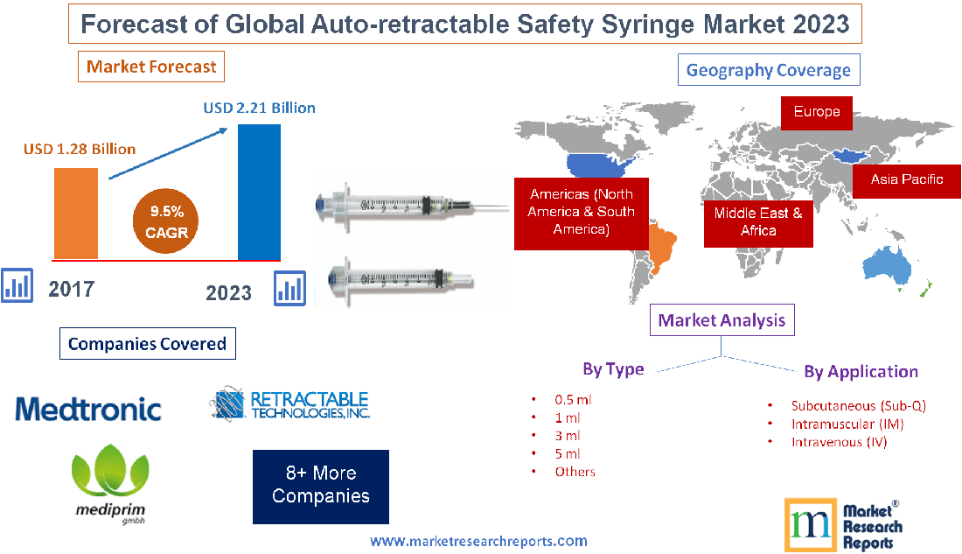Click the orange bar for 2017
75,213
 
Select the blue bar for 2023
259,192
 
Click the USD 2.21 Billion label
259,109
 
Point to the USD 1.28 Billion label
80,149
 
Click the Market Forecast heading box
151,67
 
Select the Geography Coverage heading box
769,70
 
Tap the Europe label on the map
817,112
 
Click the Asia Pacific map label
906,179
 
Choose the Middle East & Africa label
758,221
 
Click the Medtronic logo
88,409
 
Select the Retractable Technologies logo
290,404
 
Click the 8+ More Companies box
320,486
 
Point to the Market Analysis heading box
722,320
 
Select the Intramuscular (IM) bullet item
847,424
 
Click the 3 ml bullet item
567,435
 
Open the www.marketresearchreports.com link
478,541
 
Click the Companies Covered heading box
147,344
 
